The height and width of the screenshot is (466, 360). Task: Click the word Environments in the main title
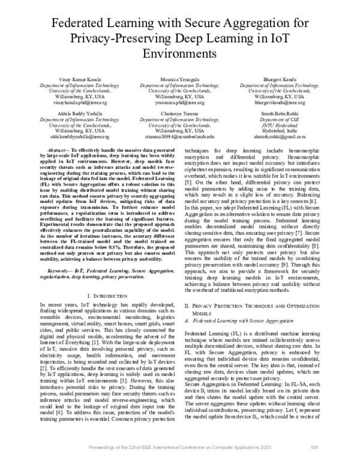[x=179, y=52]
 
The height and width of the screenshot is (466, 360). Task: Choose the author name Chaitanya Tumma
[x=179, y=113]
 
